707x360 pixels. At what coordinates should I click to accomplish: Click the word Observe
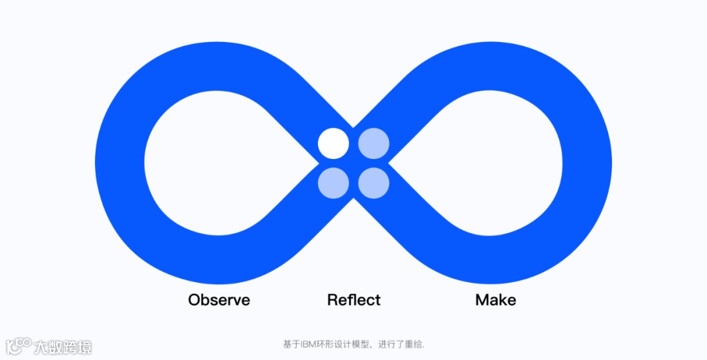tap(219, 300)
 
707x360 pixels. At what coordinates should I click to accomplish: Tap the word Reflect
tap(353, 300)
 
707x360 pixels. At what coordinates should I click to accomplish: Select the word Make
tap(496, 300)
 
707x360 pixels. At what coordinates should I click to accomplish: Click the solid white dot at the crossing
tap(333, 143)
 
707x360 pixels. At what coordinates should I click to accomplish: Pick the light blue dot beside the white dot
tap(374, 143)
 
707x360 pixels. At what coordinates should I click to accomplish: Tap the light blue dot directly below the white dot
tap(333, 183)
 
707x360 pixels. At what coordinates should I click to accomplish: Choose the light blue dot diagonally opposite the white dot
tap(374, 183)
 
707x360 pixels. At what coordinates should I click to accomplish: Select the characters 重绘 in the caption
tap(414, 344)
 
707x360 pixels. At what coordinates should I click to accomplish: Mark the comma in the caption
tap(374, 346)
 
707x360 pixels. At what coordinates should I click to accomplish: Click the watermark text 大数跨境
tap(63, 347)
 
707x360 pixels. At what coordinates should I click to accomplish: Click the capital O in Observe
tap(194, 300)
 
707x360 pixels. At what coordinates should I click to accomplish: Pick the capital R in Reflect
tap(332, 300)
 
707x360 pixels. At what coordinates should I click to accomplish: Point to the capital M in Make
tap(482, 300)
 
